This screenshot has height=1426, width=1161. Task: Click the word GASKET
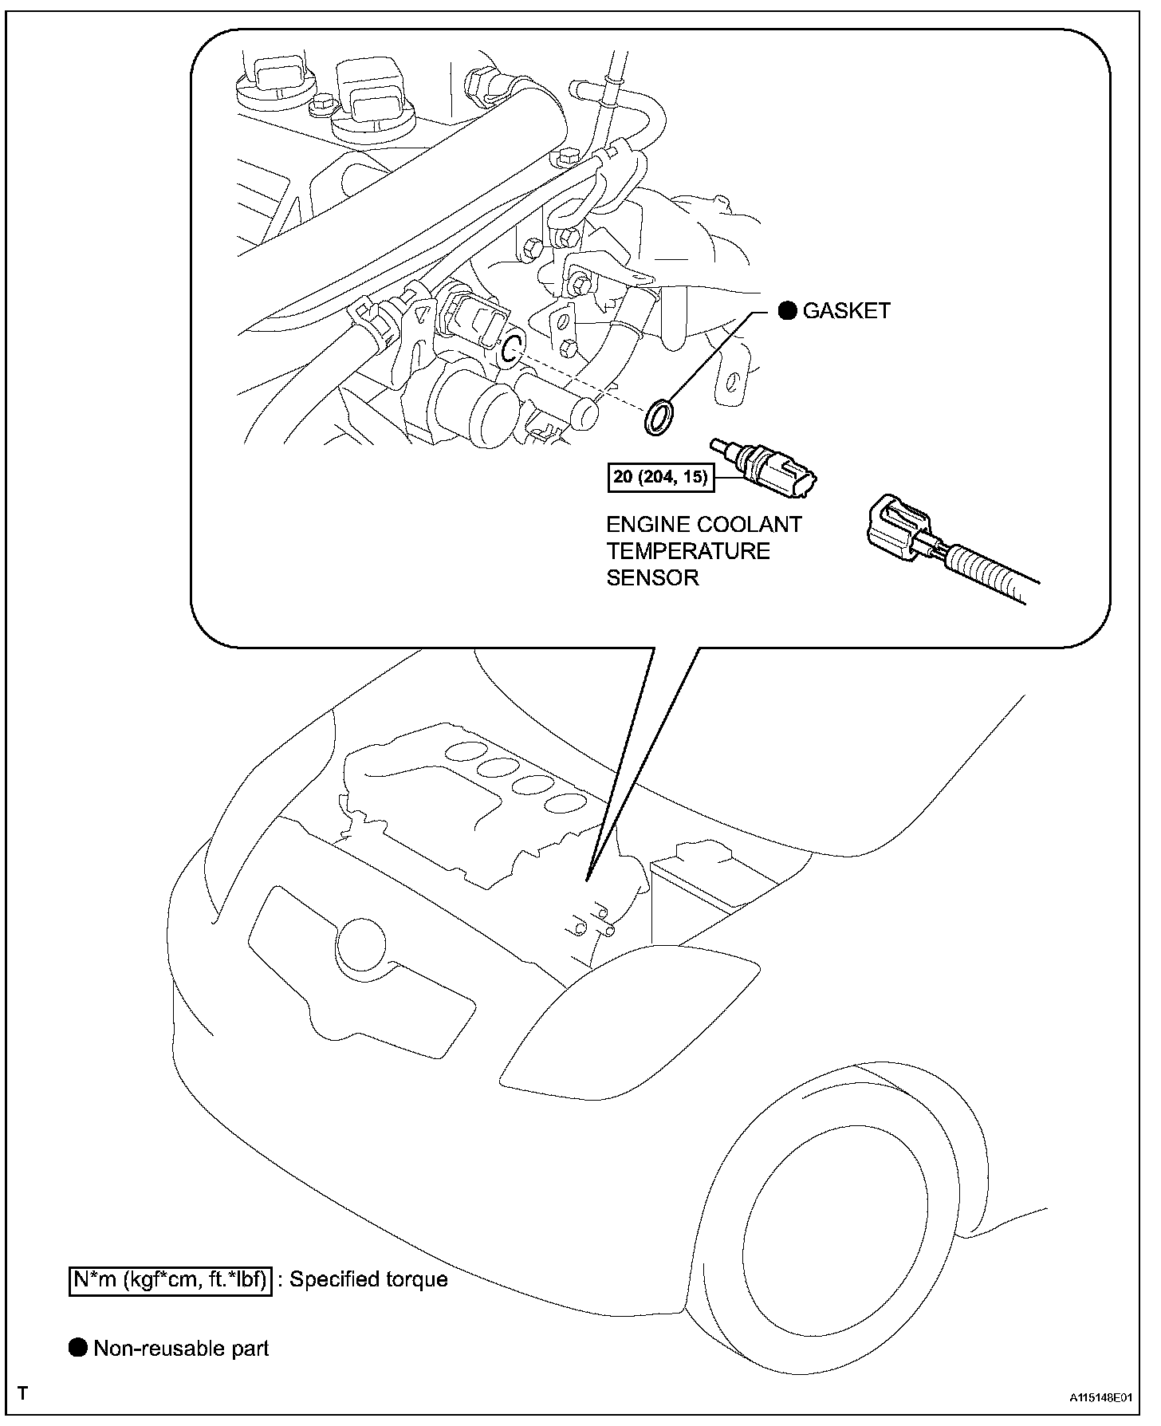(846, 311)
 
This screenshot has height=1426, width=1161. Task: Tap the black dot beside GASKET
(787, 311)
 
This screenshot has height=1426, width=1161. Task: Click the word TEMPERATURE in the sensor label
(688, 551)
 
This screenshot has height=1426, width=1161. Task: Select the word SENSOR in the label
(652, 577)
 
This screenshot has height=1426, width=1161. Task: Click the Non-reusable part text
(181, 1349)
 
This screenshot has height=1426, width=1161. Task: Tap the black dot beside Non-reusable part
(78, 1349)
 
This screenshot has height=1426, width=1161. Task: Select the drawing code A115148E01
(1101, 1398)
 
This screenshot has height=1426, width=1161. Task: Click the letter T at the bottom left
(23, 1394)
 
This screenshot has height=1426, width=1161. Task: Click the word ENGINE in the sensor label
(649, 525)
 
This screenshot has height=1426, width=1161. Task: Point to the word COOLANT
(750, 525)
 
